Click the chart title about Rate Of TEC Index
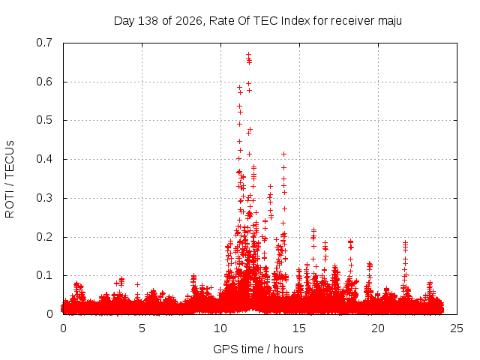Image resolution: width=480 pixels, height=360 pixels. pyautogui.click(x=258, y=21)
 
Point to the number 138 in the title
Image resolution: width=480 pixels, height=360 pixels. pyautogui.click(x=148, y=21)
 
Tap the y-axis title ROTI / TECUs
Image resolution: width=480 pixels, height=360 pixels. pyautogui.click(x=10, y=179)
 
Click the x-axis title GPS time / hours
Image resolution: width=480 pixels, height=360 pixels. pyautogui.click(x=258, y=349)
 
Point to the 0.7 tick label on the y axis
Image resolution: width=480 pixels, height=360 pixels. pyautogui.click(x=44, y=43)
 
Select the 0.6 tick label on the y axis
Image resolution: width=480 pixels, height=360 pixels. pyautogui.click(x=44, y=82)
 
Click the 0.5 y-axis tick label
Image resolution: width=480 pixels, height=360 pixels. pyautogui.click(x=44, y=120)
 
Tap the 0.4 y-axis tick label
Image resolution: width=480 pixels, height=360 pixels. pyautogui.click(x=44, y=159)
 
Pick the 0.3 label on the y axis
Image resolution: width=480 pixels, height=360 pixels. pyautogui.click(x=44, y=198)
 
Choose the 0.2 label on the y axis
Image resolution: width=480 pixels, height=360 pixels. pyautogui.click(x=44, y=237)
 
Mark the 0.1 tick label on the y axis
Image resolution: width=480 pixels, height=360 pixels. pyautogui.click(x=44, y=275)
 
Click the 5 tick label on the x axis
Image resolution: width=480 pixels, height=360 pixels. pyautogui.click(x=142, y=328)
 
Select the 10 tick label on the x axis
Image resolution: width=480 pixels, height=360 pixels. pyautogui.click(x=220, y=328)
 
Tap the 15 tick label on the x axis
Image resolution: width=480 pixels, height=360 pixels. pyautogui.click(x=299, y=328)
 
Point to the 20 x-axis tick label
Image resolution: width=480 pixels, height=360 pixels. pyautogui.click(x=378, y=328)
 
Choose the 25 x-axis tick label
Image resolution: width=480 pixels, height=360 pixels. pyautogui.click(x=457, y=328)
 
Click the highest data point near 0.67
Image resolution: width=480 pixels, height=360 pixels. pyautogui.click(x=248, y=54)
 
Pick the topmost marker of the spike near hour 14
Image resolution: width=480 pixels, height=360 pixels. pyautogui.click(x=283, y=154)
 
